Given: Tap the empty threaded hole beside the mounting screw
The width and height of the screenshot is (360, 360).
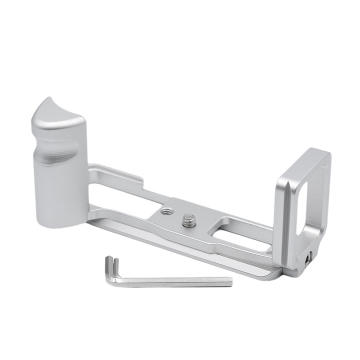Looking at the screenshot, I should [166, 210].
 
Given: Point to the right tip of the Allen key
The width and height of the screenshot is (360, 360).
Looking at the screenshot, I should [230, 283].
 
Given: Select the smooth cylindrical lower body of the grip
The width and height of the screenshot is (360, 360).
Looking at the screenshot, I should [58, 193].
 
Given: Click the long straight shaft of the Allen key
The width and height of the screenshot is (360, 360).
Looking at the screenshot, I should [175, 282].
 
